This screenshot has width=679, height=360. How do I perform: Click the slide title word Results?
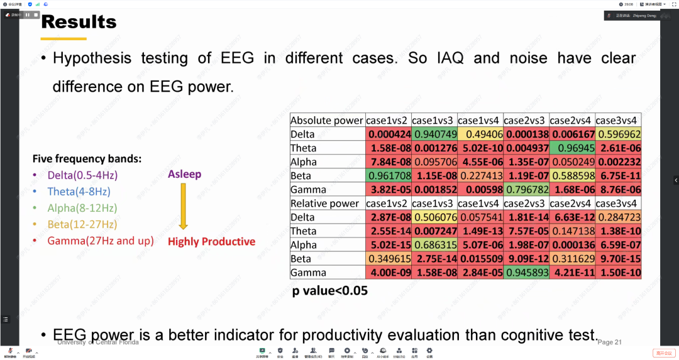(x=79, y=22)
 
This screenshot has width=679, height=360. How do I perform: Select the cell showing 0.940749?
(x=434, y=134)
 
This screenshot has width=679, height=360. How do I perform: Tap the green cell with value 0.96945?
(x=572, y=148)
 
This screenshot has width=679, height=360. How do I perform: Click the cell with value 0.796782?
(x=526, y=189)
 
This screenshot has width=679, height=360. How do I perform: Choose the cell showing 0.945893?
(x=526, y=273)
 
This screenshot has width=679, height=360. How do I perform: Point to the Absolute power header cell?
(x=327, y=120)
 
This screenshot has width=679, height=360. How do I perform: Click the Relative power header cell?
(x=325, y=203)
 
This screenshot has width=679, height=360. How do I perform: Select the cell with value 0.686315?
(x=434, y=245)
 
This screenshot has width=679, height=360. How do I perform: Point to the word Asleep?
(x=184, y=174)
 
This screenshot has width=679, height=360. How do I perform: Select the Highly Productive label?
(x=211, y=242)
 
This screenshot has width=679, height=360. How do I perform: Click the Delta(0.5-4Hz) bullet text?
(x=82, y=175)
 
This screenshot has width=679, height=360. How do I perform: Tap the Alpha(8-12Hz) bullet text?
(x=82, y=208)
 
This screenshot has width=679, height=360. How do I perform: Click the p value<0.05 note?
(x=329, y=292)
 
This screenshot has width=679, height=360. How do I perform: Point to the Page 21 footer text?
(x=609, y=342)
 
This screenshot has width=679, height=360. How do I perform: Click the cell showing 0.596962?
(x=618, y=134)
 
